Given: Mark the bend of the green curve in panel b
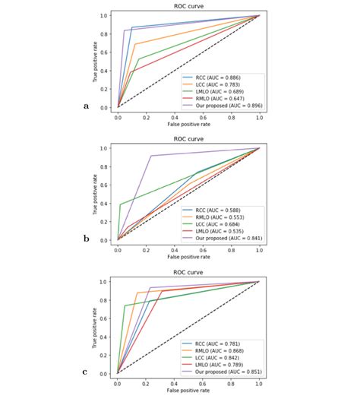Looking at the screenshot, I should (120, 204).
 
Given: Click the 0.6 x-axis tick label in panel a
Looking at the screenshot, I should (203, 116).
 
